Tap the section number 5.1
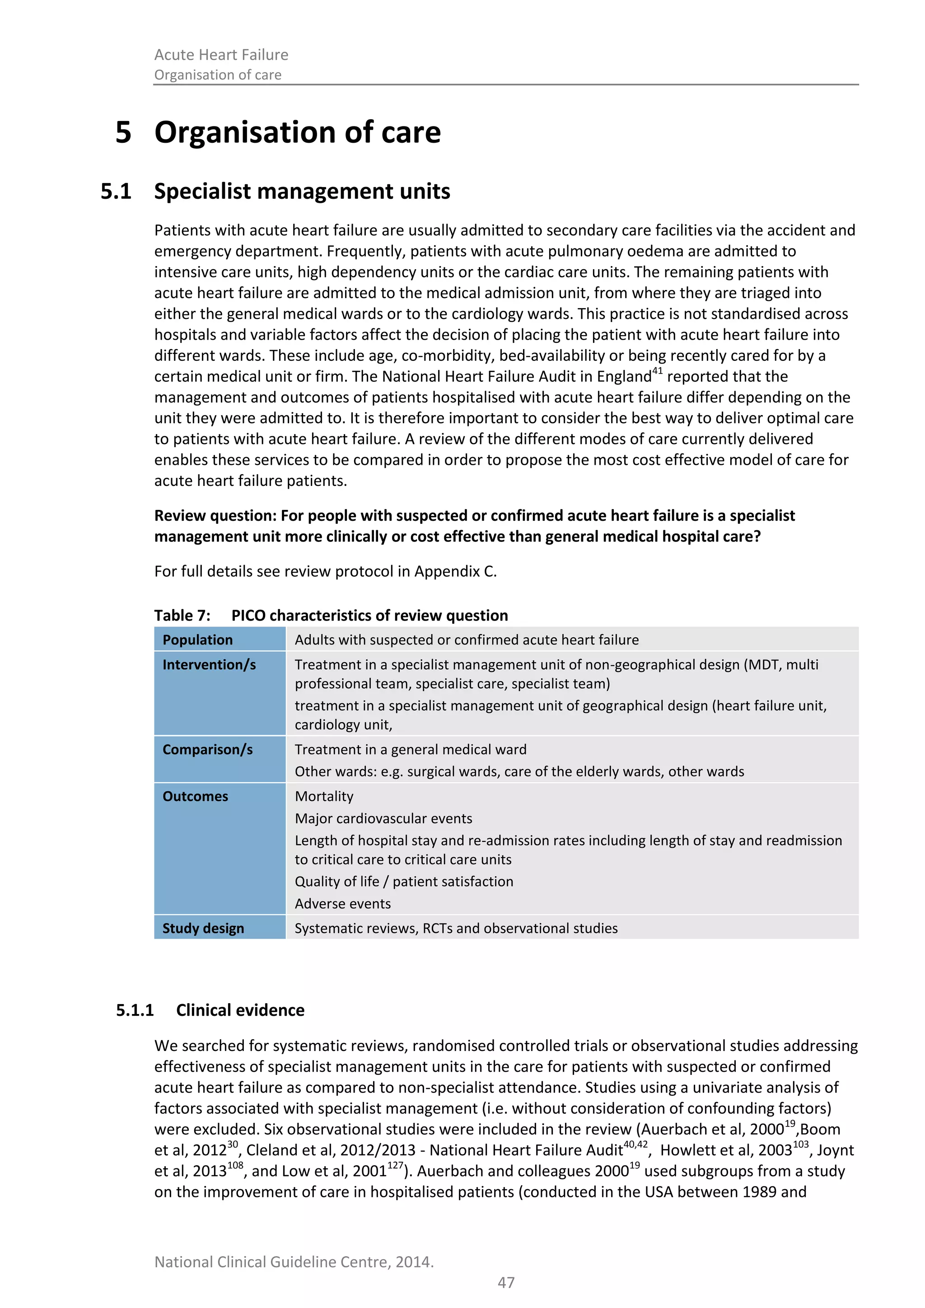click(116, 192)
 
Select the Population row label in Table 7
click(198, 640)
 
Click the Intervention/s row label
click(209, 665)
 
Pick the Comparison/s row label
click(207, 750)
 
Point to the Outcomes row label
click(196, 796)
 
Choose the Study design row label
click(203, 928)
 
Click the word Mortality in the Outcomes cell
click(324, 796)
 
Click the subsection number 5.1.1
click(135, 1010)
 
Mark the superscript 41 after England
click(657, 371)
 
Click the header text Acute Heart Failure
click(221, 55)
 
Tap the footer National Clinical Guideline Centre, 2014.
click(294, 1262)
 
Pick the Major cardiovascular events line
click(383, 819)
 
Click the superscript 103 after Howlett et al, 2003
click(800, 1144)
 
